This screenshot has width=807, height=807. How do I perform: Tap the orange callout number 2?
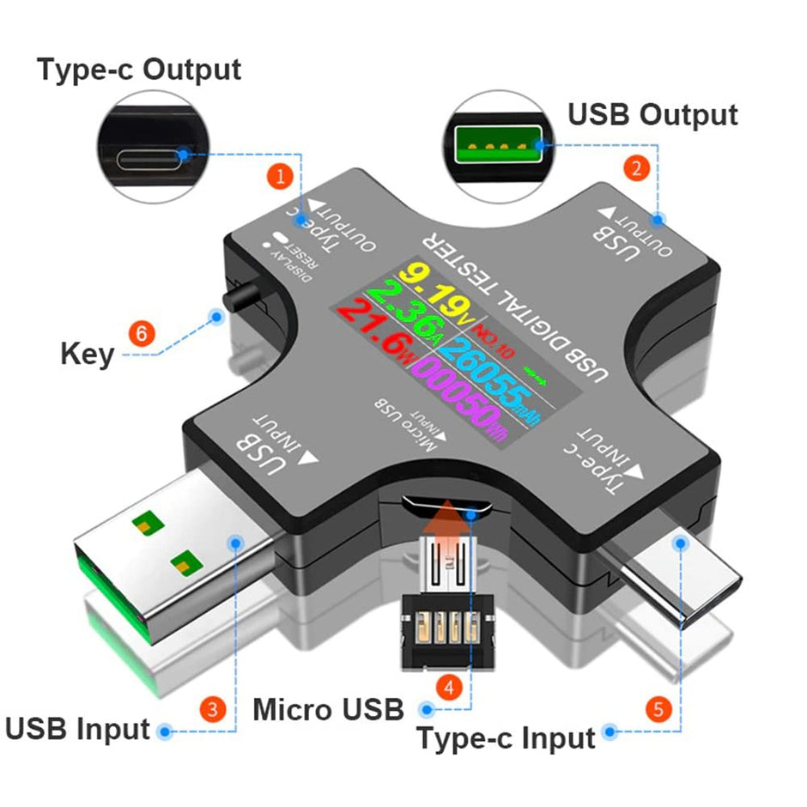coord(635,168)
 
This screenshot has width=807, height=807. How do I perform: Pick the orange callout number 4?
coord(447,686)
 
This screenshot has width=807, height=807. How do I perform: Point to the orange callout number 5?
coord(658,709)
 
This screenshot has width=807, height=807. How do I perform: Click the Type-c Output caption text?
coord(139,70)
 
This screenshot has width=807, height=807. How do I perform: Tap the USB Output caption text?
coord(653,114)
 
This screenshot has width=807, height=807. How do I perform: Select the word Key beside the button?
coord(87,354)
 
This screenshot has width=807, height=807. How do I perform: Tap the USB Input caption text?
coord(78,730)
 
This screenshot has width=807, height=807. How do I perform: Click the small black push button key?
coord(243,298)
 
